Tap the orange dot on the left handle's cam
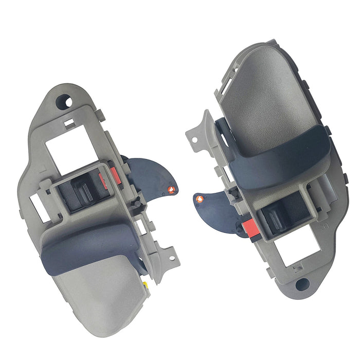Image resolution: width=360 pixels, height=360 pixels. [170, 190]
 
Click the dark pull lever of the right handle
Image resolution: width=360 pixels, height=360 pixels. [278, 154]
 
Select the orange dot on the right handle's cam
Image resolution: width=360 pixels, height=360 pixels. [201, 197]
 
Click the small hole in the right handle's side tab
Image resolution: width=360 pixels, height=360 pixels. [194, 138]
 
